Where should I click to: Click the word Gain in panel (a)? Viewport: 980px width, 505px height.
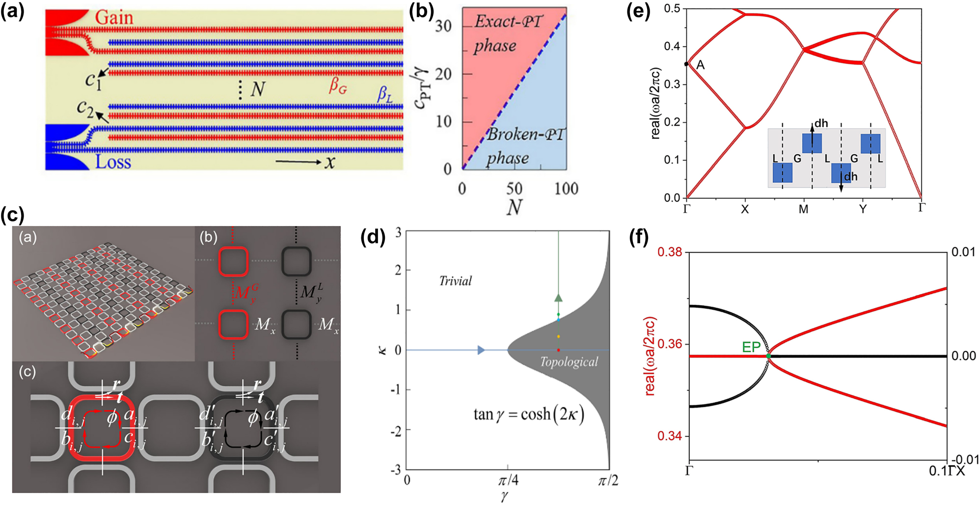tap(114, 18)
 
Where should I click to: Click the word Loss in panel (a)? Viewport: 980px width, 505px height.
tap(113, 162)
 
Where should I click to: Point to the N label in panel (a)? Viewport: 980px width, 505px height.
tap(257, 89)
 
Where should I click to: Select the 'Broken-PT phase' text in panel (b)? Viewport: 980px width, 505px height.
tap(524, 146)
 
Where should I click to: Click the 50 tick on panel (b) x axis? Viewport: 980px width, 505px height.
tap(514, 189)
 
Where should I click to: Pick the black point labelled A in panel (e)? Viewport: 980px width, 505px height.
tap(686, 64)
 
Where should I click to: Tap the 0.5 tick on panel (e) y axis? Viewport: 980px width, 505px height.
tap(672, 8)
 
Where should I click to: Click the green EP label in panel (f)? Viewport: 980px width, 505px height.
tap(751, 347)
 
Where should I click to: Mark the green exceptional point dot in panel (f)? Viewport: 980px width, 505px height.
tap(768, 356)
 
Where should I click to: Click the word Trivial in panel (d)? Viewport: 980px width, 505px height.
tap(455, 281)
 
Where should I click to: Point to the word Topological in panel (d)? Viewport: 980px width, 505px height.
tap(569, 362)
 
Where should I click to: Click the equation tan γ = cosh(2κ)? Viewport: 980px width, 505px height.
tap(529, 415)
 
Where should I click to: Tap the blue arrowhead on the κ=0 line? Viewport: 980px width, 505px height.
tap(481, 350)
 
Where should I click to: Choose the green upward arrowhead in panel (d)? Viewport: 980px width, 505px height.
tap(558, 297)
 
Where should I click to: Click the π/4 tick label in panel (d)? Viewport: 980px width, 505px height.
tap(508, 480)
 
